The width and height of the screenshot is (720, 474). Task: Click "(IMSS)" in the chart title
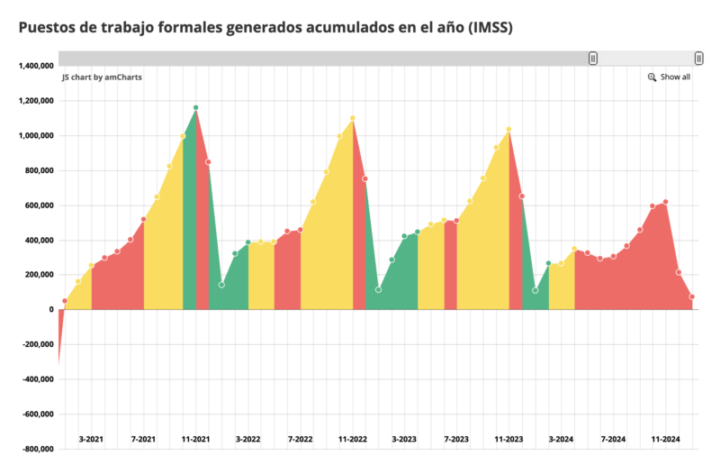coord(490,27)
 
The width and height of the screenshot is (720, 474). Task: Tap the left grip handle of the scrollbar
coord(593,58)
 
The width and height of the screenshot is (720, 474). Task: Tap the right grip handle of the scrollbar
coord(698,58)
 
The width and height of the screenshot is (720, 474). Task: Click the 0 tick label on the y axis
coord(50,310)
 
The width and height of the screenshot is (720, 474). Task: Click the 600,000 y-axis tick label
coord(37,205)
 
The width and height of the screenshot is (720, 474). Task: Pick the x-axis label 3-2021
coord(91,439)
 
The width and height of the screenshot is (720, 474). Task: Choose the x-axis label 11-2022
coord(353,439)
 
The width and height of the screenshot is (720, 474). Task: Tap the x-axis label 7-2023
coord(456,439)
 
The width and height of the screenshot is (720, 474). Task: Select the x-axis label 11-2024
coord(665,439)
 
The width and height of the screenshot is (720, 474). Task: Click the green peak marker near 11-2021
coord(195,108)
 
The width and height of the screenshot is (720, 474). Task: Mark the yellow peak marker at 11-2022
coord(352,118)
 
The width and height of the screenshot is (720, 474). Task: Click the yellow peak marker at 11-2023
coord(508,130)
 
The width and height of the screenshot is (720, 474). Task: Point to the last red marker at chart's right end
coord(692,296)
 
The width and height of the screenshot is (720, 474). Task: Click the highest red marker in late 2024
coord(665,202)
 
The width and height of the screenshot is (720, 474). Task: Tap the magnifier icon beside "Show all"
coord(652,77)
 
